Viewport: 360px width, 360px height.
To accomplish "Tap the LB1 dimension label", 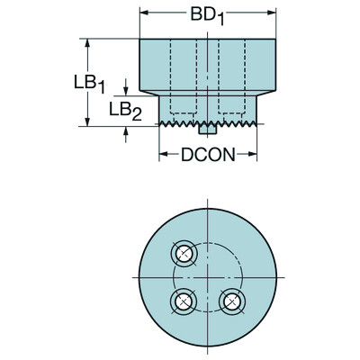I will click(94, 81).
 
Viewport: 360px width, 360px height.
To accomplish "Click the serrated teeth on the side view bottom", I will click(180, 123).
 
